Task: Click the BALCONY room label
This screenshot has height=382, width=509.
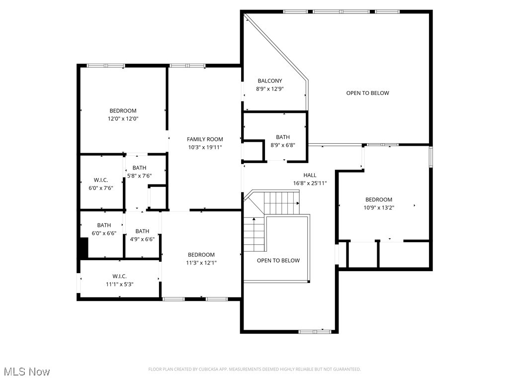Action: click(269, 81)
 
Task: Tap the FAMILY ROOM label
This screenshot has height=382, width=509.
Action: click(205, 139)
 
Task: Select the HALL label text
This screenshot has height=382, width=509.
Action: click(310, 175)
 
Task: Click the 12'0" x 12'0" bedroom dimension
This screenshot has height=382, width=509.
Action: click(123, 119)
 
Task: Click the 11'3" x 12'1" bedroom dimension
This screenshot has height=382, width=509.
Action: click(201, 263)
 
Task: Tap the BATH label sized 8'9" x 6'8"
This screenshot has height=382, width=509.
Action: click(282, 137)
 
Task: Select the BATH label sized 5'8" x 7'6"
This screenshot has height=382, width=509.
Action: click(139, 168)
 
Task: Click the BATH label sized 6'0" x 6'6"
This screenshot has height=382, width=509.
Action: click(104, 225)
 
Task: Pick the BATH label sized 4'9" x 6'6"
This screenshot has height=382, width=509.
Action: click(142, 231)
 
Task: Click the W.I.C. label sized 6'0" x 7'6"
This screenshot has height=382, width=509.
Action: click(101, 180)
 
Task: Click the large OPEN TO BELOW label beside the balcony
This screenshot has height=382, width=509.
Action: click(367, 93)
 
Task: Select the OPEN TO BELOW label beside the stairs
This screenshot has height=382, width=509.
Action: click(278, 261)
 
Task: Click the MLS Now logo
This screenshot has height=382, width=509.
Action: click(26, 372)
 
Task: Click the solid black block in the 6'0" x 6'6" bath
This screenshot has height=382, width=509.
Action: click(83, 247)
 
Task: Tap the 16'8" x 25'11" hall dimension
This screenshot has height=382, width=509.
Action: click(310, 183)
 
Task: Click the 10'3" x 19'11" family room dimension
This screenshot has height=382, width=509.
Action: click(205, 147)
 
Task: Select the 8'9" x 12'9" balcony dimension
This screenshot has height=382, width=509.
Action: click(269, 89)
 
